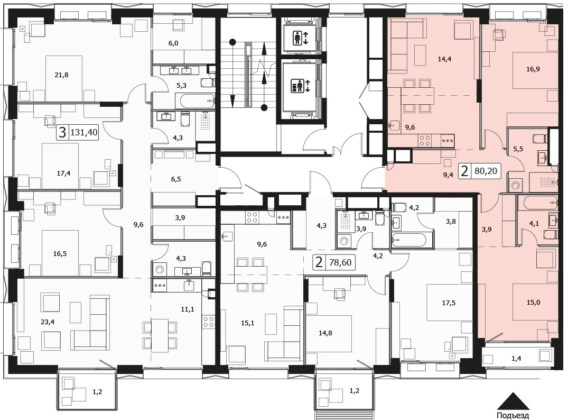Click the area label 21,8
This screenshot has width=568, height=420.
pos(61,75)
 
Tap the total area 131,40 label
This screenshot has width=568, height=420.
pos(83,132)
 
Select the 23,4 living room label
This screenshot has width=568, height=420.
pos(48,322)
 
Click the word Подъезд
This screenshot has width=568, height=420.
pos(513,416)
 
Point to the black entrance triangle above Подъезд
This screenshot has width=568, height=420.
pos(513,401)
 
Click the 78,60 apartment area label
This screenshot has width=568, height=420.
pos(340,262)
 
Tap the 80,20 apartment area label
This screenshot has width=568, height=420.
pos(486,170)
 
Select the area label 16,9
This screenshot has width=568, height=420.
pos(533,69)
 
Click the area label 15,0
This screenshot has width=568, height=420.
pos(533,302)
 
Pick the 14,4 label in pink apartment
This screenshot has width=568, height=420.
pos(444,59)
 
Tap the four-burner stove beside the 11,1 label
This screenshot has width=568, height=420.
pos(209,322)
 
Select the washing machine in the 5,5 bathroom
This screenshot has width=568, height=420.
pos(515,186)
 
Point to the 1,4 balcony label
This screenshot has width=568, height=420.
pos(516,359)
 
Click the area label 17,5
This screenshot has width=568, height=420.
pos(449,303)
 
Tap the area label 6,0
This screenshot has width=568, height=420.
pos(173,43)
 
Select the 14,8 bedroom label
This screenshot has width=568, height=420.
pos(325,333)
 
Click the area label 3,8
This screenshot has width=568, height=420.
pos(451,222)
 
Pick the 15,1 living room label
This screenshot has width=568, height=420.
pos(247,323)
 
